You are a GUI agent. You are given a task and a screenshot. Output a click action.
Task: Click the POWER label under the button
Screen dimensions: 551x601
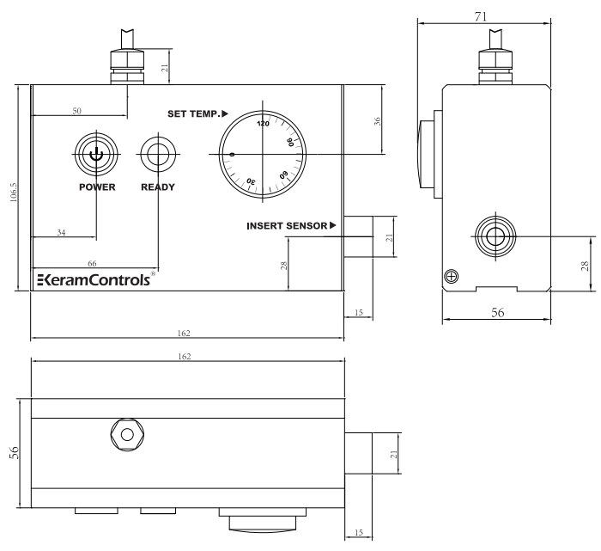[97, 188]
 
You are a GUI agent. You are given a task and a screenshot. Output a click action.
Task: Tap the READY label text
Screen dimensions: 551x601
[157, 188]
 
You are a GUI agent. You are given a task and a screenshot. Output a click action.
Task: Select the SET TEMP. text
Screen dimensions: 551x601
[197, 113]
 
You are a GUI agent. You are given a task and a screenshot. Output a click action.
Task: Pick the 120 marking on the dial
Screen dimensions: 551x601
[263, 124]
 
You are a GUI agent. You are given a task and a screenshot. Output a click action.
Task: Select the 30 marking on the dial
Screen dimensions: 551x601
[252, 181]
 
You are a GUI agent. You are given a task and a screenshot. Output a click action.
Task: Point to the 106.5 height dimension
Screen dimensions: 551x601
[8, 188]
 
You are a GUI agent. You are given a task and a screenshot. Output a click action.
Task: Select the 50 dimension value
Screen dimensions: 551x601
[76, 111]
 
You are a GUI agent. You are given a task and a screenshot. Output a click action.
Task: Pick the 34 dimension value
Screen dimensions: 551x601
[62, 232]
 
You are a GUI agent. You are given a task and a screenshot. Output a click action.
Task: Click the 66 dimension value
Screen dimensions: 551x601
[92, 261]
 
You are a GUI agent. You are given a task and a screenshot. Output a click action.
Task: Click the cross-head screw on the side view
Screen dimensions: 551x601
[452, 275]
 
